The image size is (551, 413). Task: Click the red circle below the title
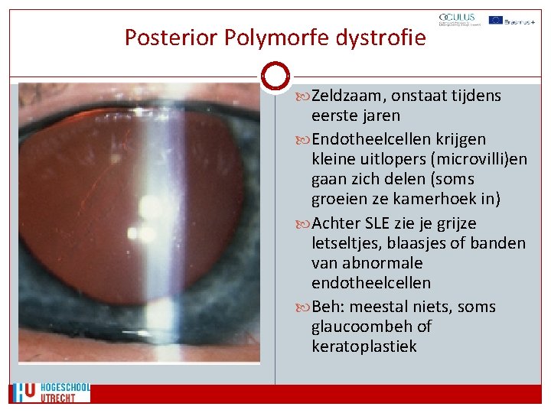(x=275, y=76)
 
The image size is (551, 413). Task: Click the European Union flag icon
(x=496, y=20)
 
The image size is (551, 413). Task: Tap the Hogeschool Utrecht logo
(x=51, y=393)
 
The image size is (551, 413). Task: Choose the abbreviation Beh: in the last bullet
(x=331, y=307)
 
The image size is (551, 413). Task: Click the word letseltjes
(x=349, y=243)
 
